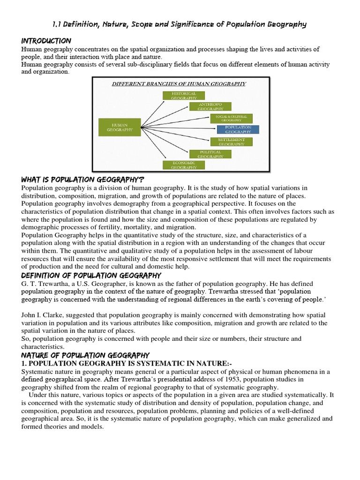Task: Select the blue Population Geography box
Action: (x=238, y=129)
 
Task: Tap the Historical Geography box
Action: (x=183, y=96)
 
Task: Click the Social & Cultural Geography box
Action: (x=231, y=118)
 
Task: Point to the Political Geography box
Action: (x=210, y=154)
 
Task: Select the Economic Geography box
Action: (x=183, y=165)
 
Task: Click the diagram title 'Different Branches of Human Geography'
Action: (x=179, y=84)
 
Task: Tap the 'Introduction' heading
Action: (x=46, y=41)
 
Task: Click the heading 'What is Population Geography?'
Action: (x=82, y=180)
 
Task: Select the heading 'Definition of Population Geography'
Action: (x=91, y=275)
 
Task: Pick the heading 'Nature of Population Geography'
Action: (x=85, y=355)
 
